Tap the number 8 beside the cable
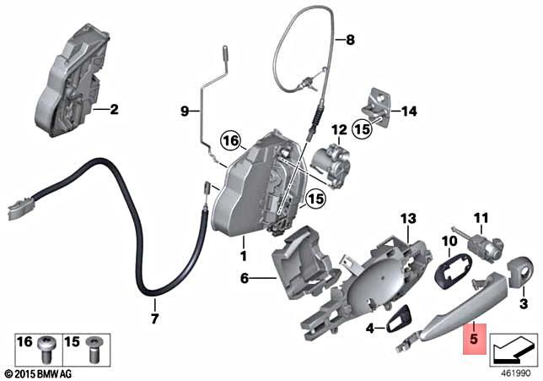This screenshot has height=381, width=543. [351, 38]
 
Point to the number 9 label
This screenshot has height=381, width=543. [184, 111]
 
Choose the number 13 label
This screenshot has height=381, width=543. [408, 219]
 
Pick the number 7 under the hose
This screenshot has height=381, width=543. [154, 318]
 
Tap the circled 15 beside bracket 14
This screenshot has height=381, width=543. [363, 129]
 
